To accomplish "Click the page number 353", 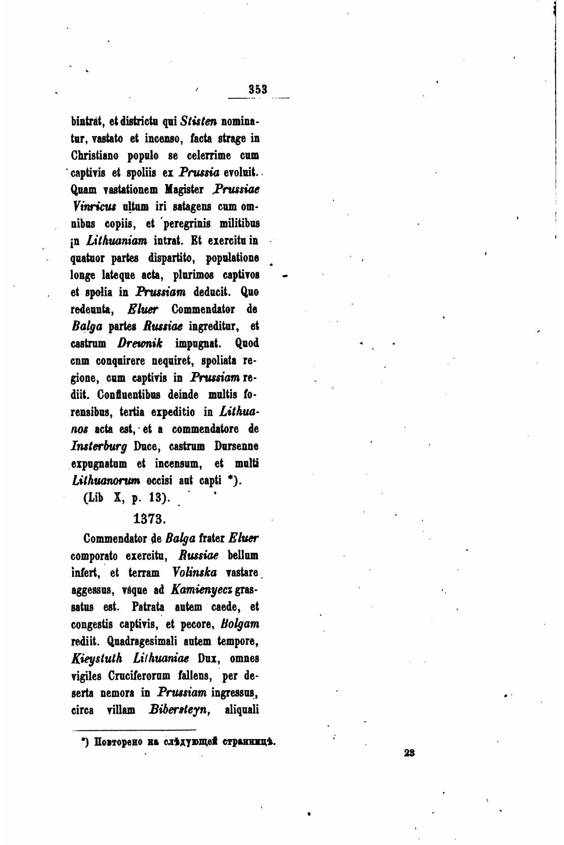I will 258,89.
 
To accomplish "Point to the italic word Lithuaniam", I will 117,241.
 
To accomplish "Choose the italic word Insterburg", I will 99,446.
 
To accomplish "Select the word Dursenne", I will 236,446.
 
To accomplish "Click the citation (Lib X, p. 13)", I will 127,498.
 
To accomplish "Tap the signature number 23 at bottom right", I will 409,752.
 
